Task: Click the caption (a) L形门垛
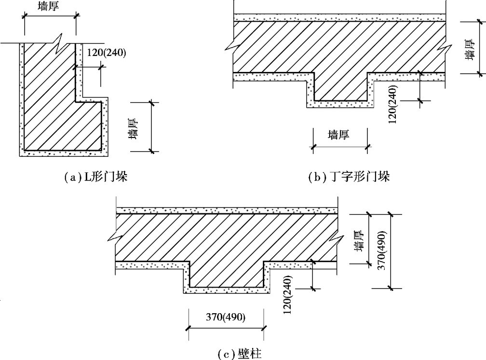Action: (96, 178)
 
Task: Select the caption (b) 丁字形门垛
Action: (349, 178)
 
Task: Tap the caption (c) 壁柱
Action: (240, 354)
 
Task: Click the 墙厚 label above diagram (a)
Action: (49, 6)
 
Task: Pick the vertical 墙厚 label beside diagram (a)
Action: (134, 127)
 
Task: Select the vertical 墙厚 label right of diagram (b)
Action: (468, 49)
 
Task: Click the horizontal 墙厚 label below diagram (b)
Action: (339, 135)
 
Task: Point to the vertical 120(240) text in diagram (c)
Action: (287, 295)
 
